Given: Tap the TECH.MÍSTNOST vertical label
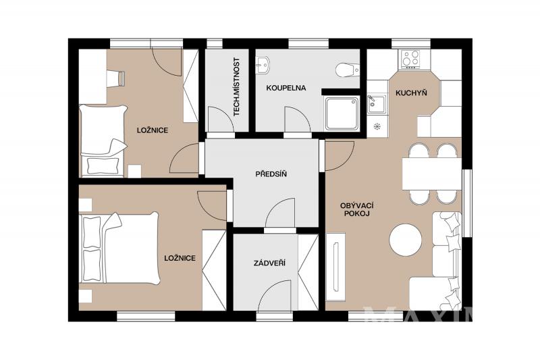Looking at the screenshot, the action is point(237,86).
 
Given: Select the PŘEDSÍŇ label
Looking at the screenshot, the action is point(271,174).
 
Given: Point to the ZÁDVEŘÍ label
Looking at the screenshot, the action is point(269,263).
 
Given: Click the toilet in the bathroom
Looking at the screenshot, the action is point(348,70).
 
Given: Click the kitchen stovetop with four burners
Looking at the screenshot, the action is point(411,59).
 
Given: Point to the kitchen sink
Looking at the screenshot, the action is point(377,105).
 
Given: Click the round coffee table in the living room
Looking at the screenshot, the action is point(406,240).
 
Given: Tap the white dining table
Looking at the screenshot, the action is point(431,174).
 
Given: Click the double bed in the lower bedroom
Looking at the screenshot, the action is point(119,248).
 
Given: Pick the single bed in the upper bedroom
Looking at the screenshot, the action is point(103,140).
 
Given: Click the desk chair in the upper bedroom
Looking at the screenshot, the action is point(115,79).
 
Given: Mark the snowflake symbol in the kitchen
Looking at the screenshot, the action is point(377,126).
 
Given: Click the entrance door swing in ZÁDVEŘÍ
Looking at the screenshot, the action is point(275,296).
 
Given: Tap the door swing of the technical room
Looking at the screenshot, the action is point(221,120).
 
